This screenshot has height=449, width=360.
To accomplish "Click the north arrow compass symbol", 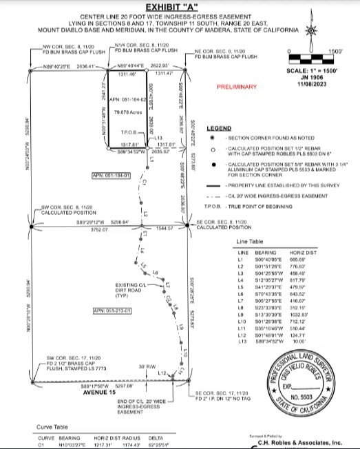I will [x=311, y=30].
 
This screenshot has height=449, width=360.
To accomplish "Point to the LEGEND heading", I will [x=219, y=129].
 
